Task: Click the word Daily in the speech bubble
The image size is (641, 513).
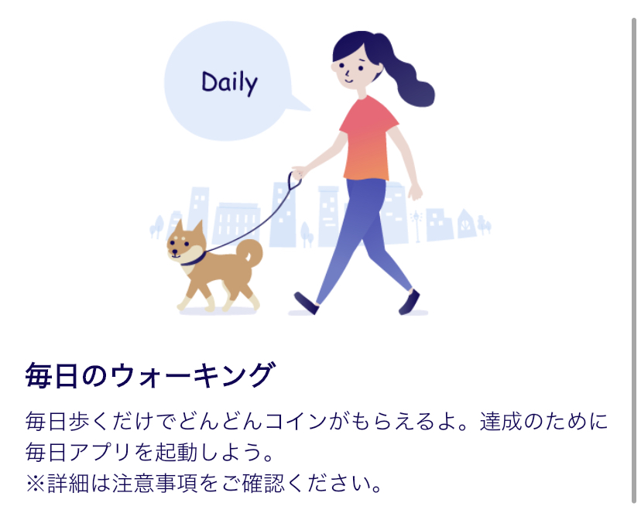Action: click(x=229, y=83)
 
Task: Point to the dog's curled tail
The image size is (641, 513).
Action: click(x=250, y=252)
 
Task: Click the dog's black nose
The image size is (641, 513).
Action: click(x=172, y=252)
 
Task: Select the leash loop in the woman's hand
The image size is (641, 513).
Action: click(x=294, y=181)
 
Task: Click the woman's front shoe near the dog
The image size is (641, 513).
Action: click(x=307, y=303)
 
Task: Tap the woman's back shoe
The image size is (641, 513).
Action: click(x=410, y=302)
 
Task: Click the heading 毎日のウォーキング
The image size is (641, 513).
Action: click(x=150, y=375)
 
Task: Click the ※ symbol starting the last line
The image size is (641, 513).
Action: click(x=36, y=484)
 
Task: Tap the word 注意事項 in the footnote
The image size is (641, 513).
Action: click(x=153, y=483)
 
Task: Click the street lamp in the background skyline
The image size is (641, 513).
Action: click(x=416, y=226)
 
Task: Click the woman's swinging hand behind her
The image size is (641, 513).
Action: click(x=415, y=192)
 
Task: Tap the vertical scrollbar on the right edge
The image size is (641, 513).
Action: click(x=634, y=262)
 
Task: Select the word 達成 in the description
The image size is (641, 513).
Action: click(x=501, y=422)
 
